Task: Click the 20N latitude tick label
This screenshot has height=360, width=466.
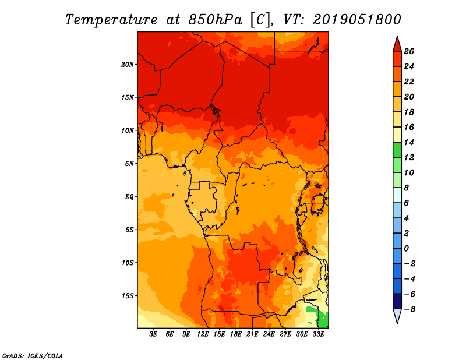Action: click(x=128, y=65)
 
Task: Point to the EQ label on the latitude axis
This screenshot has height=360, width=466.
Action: click(x=129, y=197)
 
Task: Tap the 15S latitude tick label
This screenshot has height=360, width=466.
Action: click(x=128, y=296)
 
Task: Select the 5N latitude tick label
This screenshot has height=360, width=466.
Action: click(x=129, y=164)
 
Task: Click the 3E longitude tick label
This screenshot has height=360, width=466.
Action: click(x=153, y=334)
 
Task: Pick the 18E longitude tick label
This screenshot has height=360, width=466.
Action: click(x=236, y=334)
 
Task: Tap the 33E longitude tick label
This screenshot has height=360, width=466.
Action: click(x=318, y=334)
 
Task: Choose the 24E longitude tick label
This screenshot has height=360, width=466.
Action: click(x=269, y=334)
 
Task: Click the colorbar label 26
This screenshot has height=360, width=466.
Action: click(x=409, y=51)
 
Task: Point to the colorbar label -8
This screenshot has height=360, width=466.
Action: click(x=409, y=309)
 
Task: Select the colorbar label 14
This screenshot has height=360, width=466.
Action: click(x=409, y=142)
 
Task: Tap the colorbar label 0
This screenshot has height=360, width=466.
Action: click(x=406, y=249)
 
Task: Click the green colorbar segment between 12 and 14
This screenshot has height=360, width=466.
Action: click(x=397, y=150)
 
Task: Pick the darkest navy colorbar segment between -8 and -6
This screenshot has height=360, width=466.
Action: click(x=397, y=301)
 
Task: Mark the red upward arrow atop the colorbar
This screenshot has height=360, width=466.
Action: click(x=397, y=44)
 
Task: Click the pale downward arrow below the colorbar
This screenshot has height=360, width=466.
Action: click(x=397, y=316)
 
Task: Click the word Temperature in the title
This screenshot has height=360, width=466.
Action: click(x=111, y=20)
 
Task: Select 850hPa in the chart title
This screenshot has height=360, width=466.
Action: click(x=216, y=20)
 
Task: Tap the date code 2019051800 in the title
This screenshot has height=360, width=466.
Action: click(x=356, y=20)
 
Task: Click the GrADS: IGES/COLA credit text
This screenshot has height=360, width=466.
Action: click(x=33, y=355)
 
